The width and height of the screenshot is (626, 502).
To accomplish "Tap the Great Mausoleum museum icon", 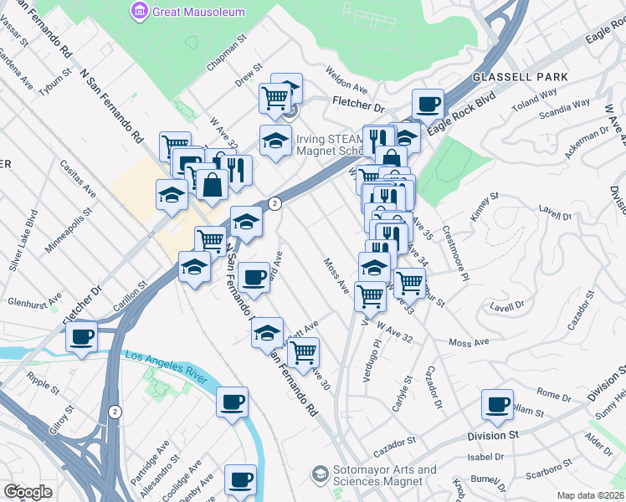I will click(x=139, y=11).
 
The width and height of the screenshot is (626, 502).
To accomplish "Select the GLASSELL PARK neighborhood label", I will click(x=520, y=77).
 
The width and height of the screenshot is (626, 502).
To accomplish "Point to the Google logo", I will click(x=27, y=492).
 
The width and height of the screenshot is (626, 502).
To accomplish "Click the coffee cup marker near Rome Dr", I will click(x=497, y=406).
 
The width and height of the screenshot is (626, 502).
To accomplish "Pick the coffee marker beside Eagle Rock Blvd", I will click(x=428, y=105).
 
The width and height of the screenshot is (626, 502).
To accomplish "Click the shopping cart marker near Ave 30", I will click(x=304, y=352).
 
